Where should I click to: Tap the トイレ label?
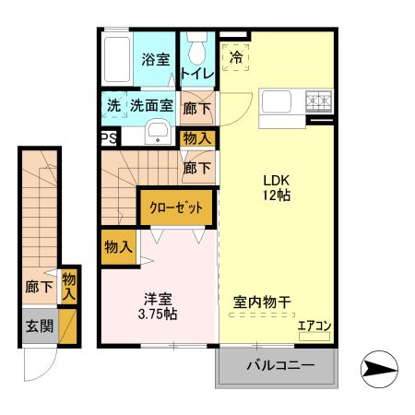tap(197, 73)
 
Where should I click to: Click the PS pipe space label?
tap(108, 138)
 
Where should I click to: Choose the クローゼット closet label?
tap(176, 207)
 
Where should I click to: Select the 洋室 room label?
tap(158, 298)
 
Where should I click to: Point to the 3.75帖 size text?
tap(158, 314)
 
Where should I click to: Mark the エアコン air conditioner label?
tap(314, 325)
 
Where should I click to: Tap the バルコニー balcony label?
tap(279, 366)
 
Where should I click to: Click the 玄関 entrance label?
tap(38, 326)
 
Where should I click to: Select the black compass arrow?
tap(379, 371)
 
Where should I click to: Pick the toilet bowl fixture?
tap(196, 46)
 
